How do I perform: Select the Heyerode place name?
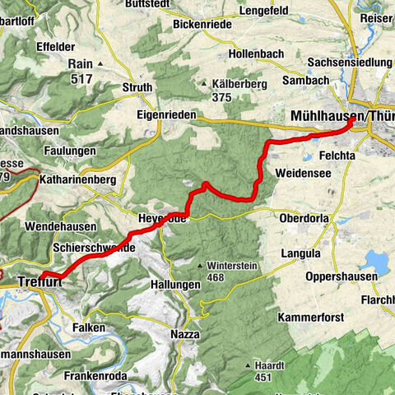[161, 219]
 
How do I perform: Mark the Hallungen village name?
[176, 284]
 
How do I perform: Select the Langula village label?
[300, 253]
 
